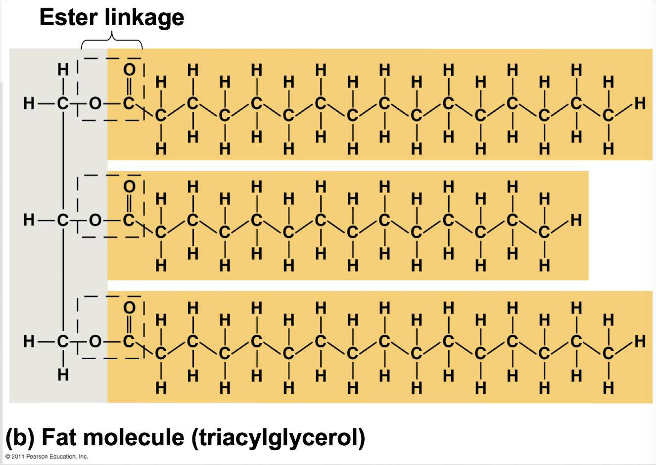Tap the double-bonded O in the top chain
129,70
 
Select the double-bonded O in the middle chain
129,187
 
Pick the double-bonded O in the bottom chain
129,308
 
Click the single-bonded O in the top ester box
95,103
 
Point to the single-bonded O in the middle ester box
95,220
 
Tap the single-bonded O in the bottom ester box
95,341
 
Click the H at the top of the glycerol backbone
63,70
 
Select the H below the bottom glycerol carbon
63,375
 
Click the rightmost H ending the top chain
640,103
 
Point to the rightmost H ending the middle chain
576,220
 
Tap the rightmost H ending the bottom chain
640,341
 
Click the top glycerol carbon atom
63,103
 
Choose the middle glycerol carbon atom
63,220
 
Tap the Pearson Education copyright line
47,457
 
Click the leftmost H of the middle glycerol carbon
29,220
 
